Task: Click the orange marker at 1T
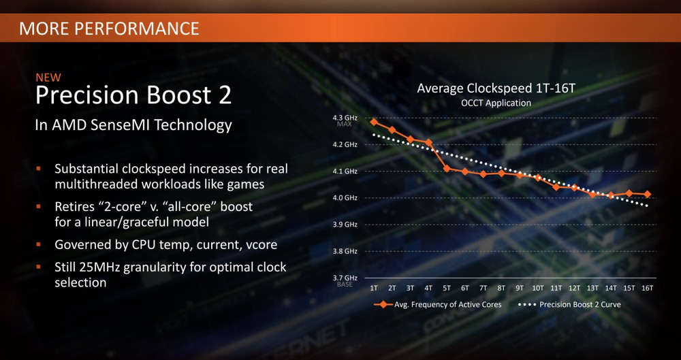(x=374, y=122)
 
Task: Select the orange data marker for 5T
(x=447, y=169)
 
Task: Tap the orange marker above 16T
(x=647, y=194)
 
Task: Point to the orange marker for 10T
(x=538, y=177)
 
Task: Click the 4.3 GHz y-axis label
(x=345, y=118)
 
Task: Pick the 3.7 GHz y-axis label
(x=345, y=278)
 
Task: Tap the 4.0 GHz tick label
(x=345, y=198)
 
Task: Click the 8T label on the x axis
(x=502, y=289)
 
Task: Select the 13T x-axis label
(x=592, y=289)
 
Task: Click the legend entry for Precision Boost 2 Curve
(x=569, y=304)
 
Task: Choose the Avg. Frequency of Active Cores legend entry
(x=438, y=304)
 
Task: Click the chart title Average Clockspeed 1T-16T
(x=496, y=89)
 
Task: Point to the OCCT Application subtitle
(x=496, y=103)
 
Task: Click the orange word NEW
(x=48, y=78)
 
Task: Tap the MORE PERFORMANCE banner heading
(x=109, y=28)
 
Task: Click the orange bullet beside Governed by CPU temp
(x=39, y=244)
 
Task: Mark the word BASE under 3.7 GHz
(x=345, y=285)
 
